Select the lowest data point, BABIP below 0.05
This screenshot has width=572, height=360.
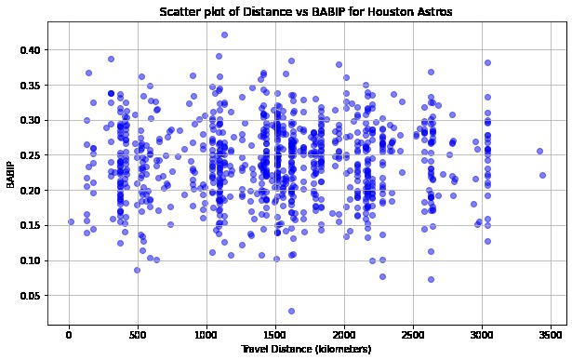click(291, 311)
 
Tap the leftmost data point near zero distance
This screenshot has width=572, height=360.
click(71, 222)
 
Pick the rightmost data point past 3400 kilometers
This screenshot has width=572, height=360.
click(543, 175)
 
